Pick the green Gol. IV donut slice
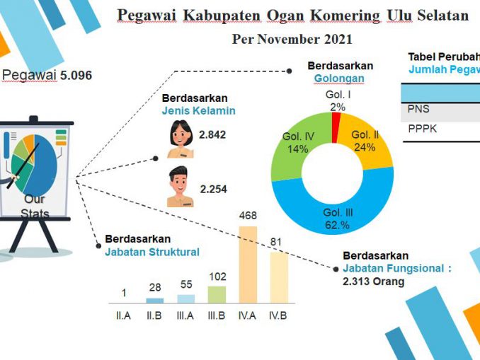click(294, 149)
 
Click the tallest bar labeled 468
click(248, 265)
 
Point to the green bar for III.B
click(217, 294)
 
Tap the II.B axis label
click(154, 315)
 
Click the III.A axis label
click(185, 315)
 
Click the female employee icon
click(180, 138)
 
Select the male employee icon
click(180, 187)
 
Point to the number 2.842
click(212, 134)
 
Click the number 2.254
click(213, 189)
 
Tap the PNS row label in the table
click(418, 109)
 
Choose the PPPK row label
click(421, 131)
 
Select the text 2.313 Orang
click(373, 281)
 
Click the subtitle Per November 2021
click(292, 39)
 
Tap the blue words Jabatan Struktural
click(152, 251)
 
